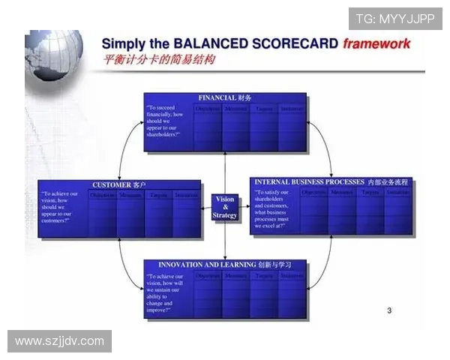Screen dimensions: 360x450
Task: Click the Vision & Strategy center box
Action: click(225, 208)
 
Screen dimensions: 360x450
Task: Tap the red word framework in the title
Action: click(376, 43)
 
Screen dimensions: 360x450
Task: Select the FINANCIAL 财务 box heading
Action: click(225, 98)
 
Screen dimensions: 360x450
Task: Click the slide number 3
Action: click(388, 310)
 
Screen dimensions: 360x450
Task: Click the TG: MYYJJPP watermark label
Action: click(394, 19)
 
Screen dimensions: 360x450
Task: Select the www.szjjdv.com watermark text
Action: click(59, 341)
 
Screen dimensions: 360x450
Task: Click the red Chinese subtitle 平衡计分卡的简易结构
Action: click(158, 60)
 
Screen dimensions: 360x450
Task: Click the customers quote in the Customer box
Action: click(61, 208)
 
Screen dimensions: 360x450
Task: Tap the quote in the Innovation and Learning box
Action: click(166, 292)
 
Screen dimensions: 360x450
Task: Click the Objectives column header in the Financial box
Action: click(208, 109)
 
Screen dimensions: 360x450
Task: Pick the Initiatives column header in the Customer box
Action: click(187, 196)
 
